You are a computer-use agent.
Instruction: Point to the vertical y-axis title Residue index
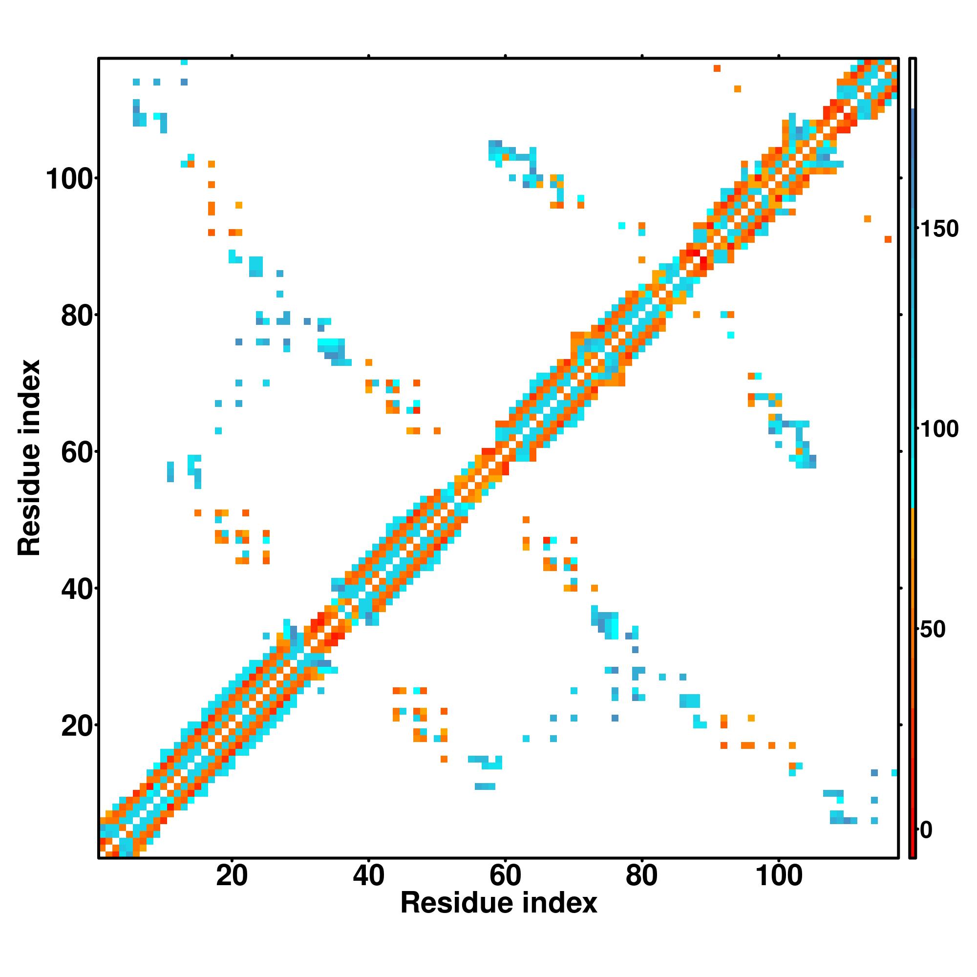click(x=29, y=458)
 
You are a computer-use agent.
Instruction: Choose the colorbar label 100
click(x=938, y=430)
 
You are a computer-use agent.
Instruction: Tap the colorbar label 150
click(x=938, y=230)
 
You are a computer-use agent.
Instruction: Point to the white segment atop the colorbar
click(x=913, y=84)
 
